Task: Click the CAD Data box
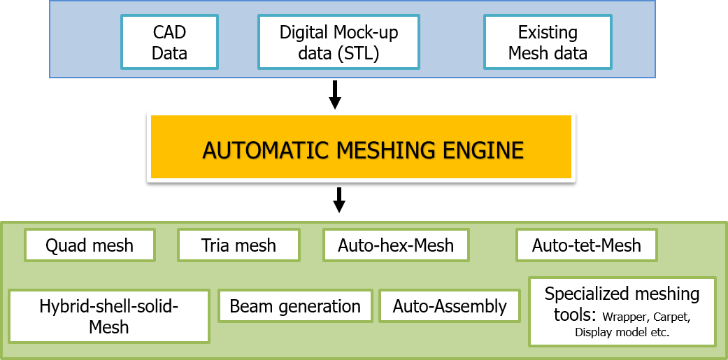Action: pyautogui.click(x=169, y=42)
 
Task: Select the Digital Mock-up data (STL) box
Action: pyautogui.click(x=339, y=42)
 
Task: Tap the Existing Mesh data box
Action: pyautogui.click(x=548, y=42)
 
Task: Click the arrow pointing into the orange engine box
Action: pyautogui.click(x=335, y=95)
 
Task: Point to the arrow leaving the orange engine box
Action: pyautogui.click(x=340, y=199)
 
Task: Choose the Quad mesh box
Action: pyautogui.click(x=90, y=245)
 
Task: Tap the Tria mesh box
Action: pyautogui.click(x=238, y=245)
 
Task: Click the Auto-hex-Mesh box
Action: pyautogui.click(x=396, y=245)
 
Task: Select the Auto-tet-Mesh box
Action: pyautogui.click(x=587, y=245)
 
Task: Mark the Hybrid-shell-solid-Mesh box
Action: pyautogui.click(x=109, y=317)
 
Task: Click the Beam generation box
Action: pyautogui.click(x=295, y=306)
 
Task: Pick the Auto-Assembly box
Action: pyautogui.click(x=450, y=306)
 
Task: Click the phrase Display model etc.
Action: pyautogui.click(x=622, y=332)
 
